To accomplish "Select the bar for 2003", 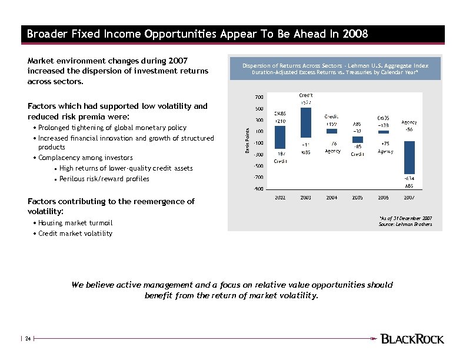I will tap(306, 122).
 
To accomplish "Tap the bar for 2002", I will tap(280, 136).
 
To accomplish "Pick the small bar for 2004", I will tap(332, 131).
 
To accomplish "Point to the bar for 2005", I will tap(357, 139).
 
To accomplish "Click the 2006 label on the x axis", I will tap(383, 198).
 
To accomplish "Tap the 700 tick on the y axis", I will tap(259, 97).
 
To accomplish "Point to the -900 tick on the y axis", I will tap(258, 189).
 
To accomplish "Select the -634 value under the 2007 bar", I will tap(409, 178).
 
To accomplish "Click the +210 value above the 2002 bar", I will tap(280, 121).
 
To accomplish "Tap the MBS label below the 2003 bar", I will tap(306, 152).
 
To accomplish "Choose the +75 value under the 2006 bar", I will tap(385, 144).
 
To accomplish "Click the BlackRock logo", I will tap(412, 339).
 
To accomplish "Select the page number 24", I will tap(27, 339).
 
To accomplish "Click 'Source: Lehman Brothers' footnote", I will tap(406, 224).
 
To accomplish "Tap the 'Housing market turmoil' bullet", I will tap(75, 223).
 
